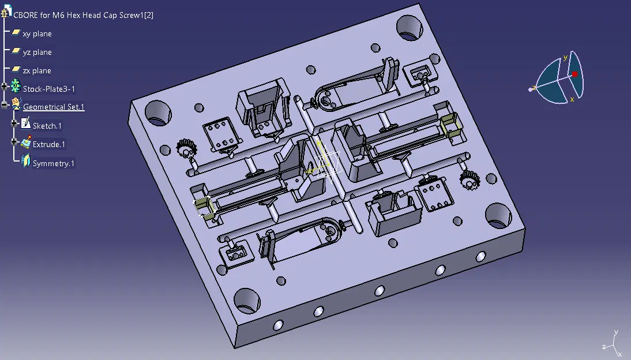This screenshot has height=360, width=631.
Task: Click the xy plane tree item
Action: pyautogui.click(x=37, y=34)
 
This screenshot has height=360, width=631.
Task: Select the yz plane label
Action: pyautogui.click(x=37, y=52)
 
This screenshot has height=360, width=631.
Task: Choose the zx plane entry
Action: pyautogui.click(x=37, y=71)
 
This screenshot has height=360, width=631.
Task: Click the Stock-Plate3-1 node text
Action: pyautogui.click(x=48, y=89)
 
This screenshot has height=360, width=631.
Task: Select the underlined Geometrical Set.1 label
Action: pyautogui.click(x=54, y=107)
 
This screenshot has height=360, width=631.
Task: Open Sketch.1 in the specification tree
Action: pyautogui.click(x=47, y=126)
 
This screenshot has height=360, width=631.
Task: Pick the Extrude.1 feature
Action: pyautogui.click(x=48, y=145)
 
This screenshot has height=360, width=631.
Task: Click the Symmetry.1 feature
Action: pyautogui.click(x=54, y=163)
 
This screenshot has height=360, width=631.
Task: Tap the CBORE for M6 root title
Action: pyautogui.click(x=83, y=16)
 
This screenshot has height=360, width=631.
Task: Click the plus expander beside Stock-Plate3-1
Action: pyautogui.click(x=5, y=86)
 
